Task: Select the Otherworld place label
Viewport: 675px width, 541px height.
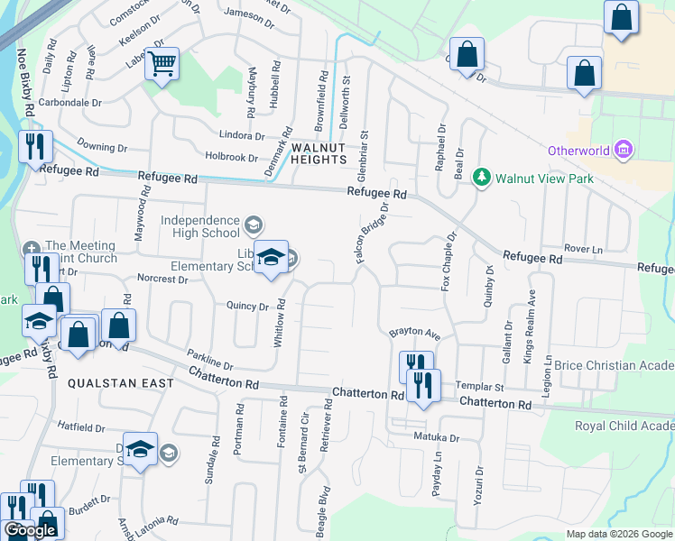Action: [578, 151]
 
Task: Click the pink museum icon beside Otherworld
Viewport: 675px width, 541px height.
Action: [622, 150]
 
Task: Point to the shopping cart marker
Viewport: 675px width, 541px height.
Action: [162, 64]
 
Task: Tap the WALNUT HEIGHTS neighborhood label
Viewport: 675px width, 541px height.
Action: [318, 152]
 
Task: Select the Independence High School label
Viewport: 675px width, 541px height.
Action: [200, 226]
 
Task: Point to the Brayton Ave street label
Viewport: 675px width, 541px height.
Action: [414, 334]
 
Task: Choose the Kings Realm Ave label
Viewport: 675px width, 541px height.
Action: [532, 325]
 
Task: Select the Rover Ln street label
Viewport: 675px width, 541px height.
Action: [583, 248]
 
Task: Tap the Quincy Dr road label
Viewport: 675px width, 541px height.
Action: [248, 307]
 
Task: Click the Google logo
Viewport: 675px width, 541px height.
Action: [30, 530]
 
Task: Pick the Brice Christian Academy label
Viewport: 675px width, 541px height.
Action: [616, 365]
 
